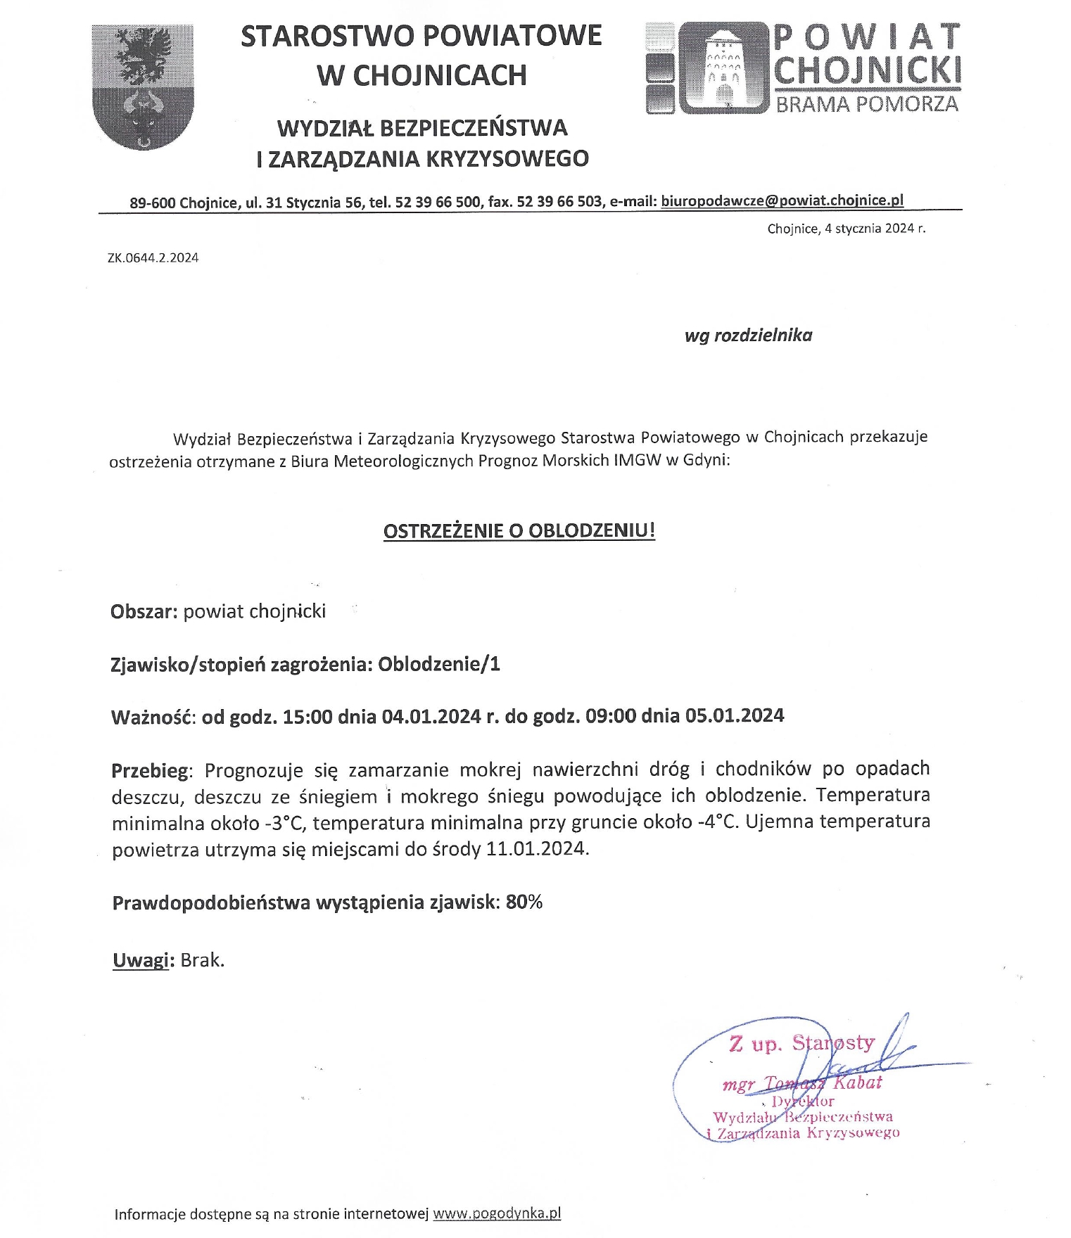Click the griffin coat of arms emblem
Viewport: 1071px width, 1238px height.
coord(143,86)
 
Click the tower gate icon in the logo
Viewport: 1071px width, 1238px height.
coord(722,68)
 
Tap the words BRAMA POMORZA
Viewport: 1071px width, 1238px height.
coord(867,103)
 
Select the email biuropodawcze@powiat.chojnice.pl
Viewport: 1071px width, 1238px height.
coord(782,200)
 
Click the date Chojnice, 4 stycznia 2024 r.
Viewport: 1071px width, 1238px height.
coord(846,229)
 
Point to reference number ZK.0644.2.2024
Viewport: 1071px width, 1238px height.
coord(153,258)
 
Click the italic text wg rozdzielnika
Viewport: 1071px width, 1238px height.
coord(748,336)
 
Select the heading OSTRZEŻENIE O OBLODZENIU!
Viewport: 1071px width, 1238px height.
coord(519,530)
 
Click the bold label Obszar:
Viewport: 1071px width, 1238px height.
coord(144,611)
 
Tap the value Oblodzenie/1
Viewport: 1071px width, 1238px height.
coord(439,664)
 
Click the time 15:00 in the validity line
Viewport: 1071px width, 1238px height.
coord(307,717)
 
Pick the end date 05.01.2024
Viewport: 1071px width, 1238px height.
coord(734,716)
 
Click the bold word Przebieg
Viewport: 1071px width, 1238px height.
coord(150,771)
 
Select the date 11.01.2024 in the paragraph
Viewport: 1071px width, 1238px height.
coord(536,849)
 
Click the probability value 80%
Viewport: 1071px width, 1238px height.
coord(524,902)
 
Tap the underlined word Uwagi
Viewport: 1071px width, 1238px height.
coord(141,960)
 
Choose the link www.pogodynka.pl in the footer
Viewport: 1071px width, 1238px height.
coord(497,1213)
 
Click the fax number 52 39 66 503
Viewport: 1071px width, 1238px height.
coord(559,202)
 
